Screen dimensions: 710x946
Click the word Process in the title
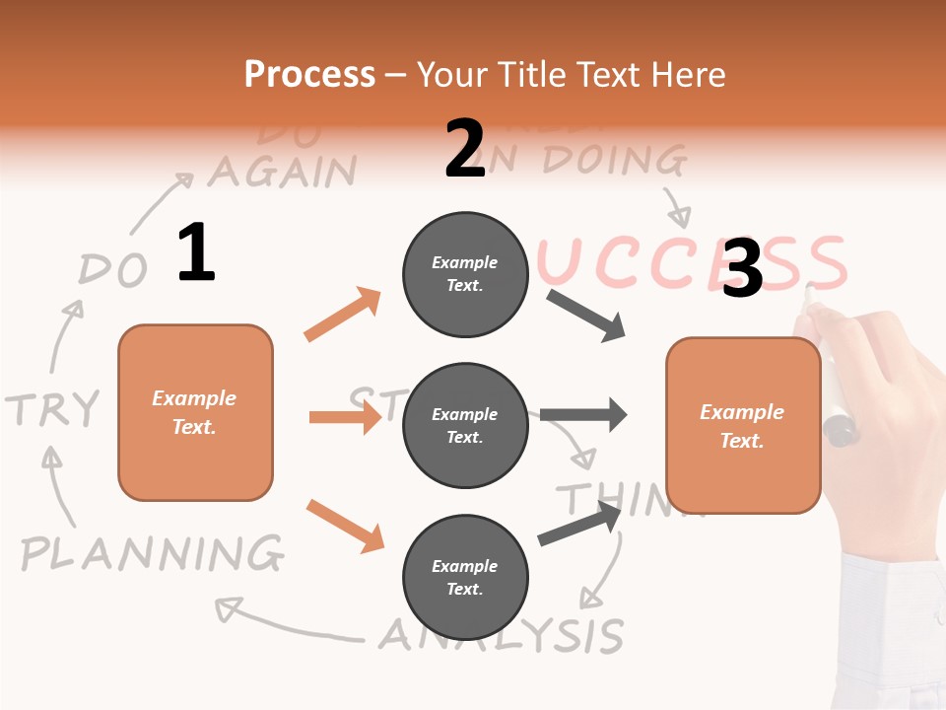[309, 75]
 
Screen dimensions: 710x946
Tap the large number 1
[196, 252]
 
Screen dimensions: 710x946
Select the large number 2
[465, 149]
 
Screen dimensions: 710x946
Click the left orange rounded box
[195, 412]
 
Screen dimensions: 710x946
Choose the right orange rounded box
[743, 426]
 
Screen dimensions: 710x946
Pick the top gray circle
[465, 274]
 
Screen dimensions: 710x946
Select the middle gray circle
[465, 426]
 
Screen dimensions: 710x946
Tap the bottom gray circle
[465, 577]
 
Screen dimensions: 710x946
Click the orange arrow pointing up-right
[343, 315]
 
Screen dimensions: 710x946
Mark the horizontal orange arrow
[345, 417]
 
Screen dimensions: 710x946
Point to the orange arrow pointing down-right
[345, 526]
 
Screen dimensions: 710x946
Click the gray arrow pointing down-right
[586, 316]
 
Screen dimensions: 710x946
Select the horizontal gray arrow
[583, 414]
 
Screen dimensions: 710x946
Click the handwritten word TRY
[53, 408]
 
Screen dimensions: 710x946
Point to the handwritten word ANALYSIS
[503, 635]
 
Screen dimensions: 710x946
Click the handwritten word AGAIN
[282, 172]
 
